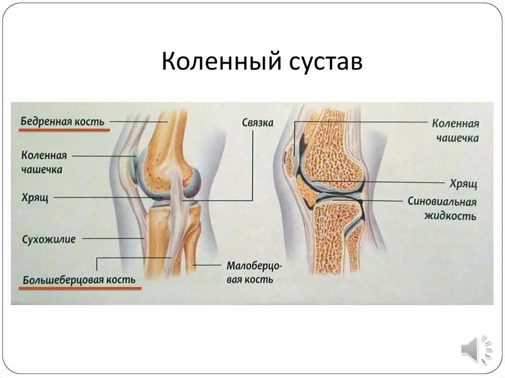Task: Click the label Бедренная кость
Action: coord(63,121)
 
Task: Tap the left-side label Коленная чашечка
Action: coord(44,162)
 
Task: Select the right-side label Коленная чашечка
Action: coord(456,130)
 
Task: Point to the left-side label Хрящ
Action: coord(34,197)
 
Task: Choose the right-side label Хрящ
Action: coord(463,184)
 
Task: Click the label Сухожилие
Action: coord(49,240)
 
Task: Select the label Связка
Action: coord(257,123)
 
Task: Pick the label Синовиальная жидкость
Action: coord(442,209)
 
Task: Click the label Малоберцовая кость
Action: coord(254,273)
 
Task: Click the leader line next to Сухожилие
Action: coord(113,239)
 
